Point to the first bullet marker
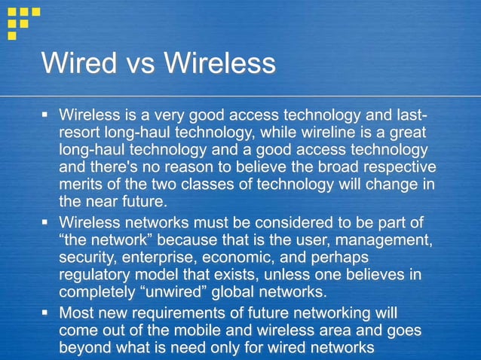(45, 117)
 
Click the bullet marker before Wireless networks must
(45, 224)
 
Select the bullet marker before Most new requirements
(45, 313)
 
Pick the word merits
(81, 185)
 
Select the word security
(86, 258)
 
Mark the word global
(242, 293)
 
